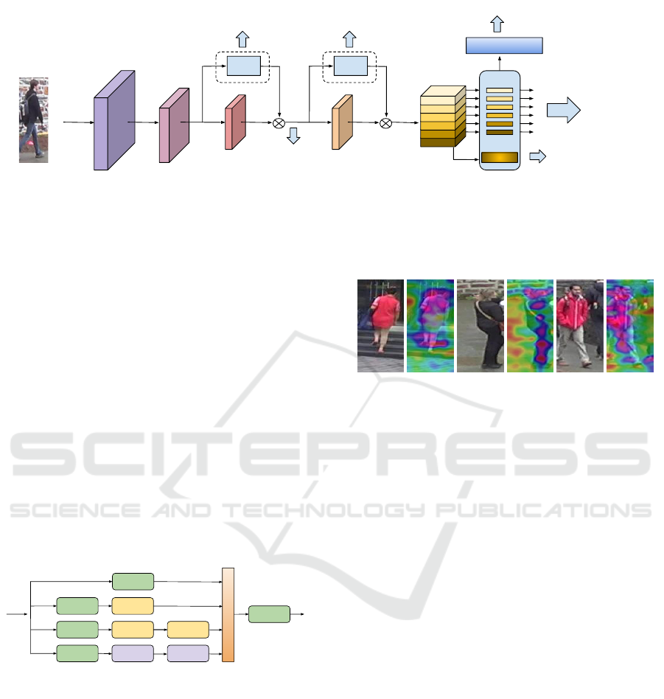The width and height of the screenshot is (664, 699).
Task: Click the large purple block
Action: click(x=114, y=120)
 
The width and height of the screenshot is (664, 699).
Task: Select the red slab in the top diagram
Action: click(x=235, y=122)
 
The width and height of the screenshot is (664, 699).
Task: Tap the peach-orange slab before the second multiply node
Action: click(x=342, y=122)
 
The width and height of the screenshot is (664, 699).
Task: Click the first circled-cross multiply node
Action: click(x=279, y=123)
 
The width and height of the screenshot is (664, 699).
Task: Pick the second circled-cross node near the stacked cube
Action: click(x=386, y=123)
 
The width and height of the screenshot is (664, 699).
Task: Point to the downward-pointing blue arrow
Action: click(x=293, y=136)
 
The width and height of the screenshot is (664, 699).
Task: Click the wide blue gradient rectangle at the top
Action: click(x=504, y=46)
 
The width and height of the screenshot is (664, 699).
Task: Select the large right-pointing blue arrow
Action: click(x=564, y=110)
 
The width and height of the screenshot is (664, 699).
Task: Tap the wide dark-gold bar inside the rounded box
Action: click(x=500, y=157)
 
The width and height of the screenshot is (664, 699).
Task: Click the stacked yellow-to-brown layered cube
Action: click(x=443, y=116)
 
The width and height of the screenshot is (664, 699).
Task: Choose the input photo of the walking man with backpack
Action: click(x=33, y=120)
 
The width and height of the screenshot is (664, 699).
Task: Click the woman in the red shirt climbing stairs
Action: click(x=380, y=326)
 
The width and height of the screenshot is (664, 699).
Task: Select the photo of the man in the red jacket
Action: click(x=580, y=326)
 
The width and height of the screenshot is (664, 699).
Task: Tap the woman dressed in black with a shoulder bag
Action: click(x=480, y=326)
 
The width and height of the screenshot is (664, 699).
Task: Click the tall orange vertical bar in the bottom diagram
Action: click(x=228, y=615)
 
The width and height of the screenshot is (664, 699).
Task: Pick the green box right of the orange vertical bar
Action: click(x=269, y=614)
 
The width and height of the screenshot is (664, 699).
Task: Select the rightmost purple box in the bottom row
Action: click(x=188, y=653)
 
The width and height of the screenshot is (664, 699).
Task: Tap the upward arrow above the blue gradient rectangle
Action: click(x=497, y=24)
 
